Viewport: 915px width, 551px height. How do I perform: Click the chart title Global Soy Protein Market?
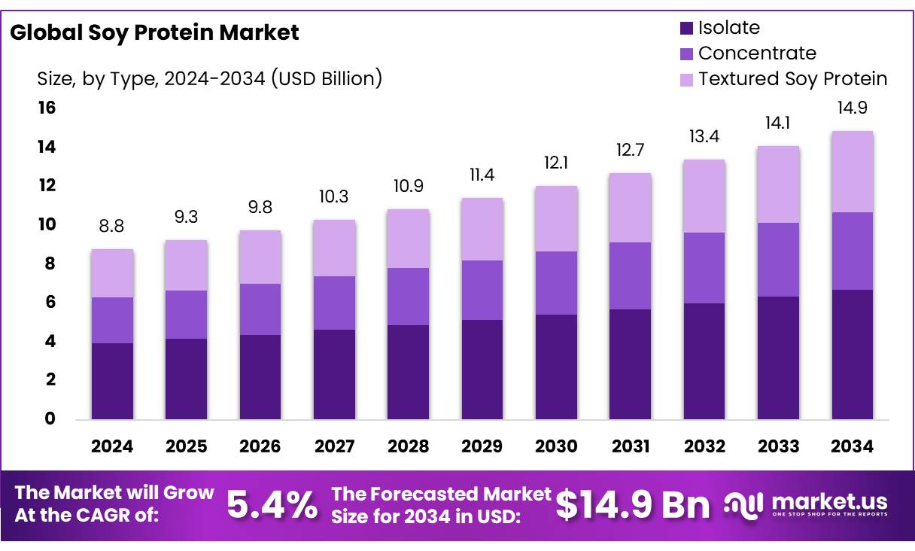point(154,32)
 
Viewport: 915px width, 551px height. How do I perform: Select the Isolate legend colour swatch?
point(685,29)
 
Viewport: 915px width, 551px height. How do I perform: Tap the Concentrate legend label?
point(756,53)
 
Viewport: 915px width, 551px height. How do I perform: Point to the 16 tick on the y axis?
point(47,108)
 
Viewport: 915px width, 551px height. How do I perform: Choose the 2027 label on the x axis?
point(334,446)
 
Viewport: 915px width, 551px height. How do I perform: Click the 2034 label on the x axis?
point(852,446)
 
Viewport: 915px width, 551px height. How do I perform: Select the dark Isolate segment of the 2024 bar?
point(112,381)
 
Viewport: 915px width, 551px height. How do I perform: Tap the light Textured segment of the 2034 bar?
point(852,172)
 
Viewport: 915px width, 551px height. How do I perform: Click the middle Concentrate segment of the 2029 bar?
point(482,290)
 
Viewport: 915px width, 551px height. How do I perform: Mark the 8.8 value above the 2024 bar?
point(112,227)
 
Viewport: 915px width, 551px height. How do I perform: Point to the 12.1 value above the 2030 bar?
point(556,163)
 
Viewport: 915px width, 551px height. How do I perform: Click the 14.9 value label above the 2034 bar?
point(852,108)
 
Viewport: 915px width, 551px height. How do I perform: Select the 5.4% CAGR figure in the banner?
point(272,506)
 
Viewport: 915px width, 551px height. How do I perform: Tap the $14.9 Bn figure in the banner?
point(633,506)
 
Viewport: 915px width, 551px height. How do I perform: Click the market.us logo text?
point(829,502)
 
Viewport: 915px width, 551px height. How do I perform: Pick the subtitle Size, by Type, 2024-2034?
point(209,78)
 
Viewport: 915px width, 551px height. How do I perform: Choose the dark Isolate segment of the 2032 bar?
point(704,361)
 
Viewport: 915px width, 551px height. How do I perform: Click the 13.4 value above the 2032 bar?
point(704,137)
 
